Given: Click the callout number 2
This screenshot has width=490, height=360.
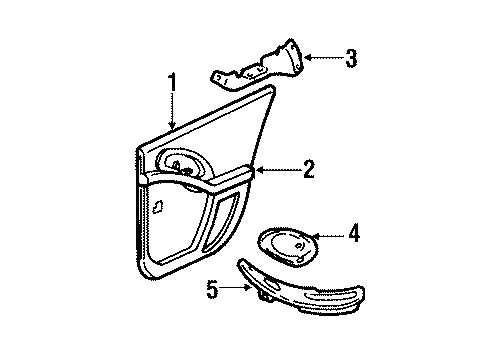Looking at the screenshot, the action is [x=308, y=170].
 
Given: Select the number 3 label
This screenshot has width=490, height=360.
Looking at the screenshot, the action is [x=350, y=59].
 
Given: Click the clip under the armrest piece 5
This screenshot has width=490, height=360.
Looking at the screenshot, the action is [x=268, y=294].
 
